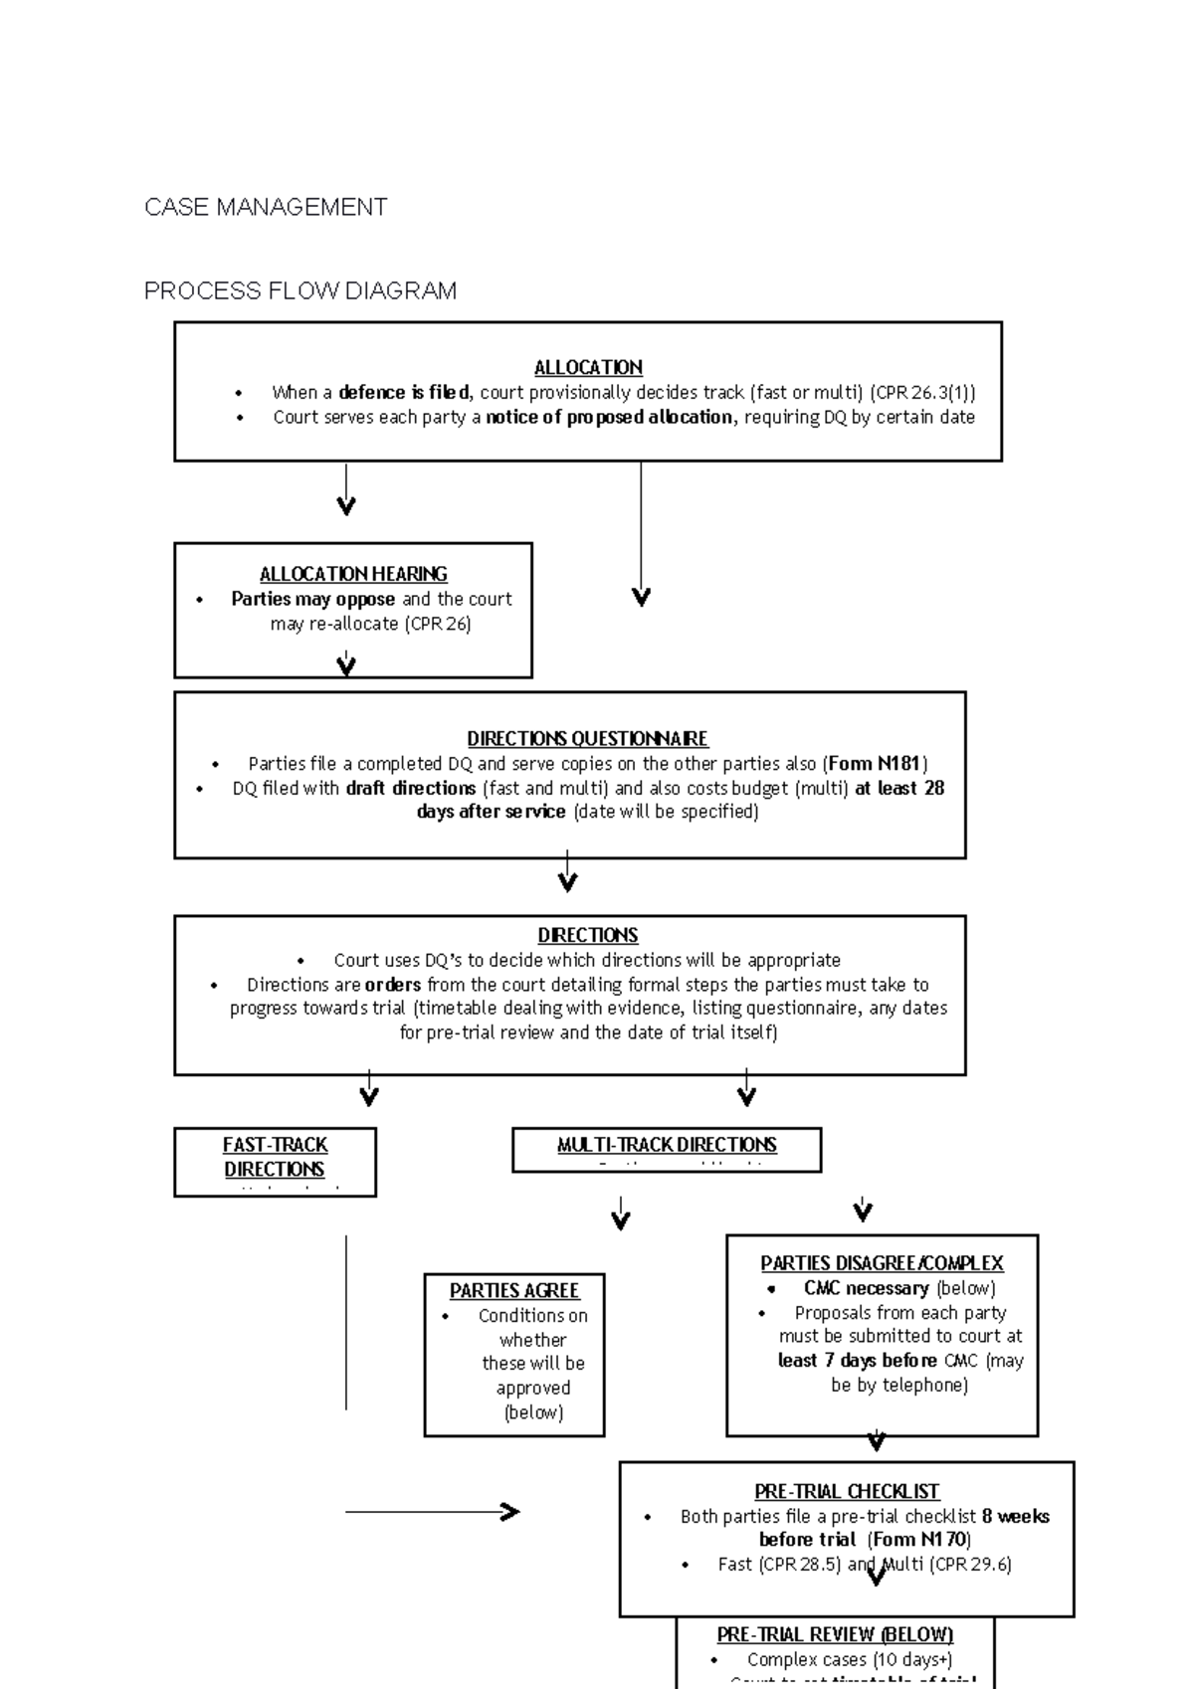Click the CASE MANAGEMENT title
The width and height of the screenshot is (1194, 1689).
266,207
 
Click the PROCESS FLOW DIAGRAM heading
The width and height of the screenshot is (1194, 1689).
299,290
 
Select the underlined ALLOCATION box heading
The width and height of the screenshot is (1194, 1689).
588,367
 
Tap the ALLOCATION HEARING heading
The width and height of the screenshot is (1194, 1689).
353,574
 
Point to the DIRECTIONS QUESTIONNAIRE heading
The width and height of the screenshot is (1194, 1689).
587,738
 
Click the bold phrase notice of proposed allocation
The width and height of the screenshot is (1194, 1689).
609,417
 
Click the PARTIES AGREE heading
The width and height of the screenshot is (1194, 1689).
513,1290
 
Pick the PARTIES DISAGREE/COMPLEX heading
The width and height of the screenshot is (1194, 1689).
882,1262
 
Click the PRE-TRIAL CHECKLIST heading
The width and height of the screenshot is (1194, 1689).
847,1491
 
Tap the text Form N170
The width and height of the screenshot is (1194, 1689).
918,1540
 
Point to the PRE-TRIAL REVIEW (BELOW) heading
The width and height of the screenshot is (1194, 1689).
835,1634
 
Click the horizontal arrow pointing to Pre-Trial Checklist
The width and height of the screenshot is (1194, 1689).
433,1512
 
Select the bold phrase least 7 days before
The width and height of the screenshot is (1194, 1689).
857,1360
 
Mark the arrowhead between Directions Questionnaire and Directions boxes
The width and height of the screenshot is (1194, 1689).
567,881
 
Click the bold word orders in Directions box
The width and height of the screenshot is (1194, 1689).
392,985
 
